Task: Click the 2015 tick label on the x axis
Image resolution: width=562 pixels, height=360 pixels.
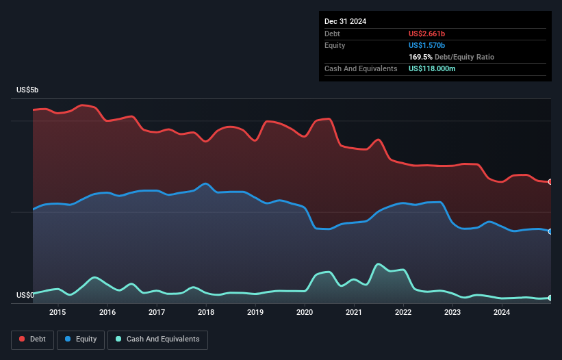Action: click(x=58, y=313)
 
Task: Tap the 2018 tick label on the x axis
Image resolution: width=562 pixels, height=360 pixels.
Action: click(x=206, y=313)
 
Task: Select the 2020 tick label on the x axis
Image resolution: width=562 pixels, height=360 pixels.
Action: click(x=305, y=313)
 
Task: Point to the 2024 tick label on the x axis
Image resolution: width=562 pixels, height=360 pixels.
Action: click(x=502, y=313)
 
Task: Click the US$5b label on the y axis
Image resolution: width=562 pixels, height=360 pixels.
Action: click(x=29, y=90)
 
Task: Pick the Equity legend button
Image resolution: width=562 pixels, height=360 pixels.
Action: click(x=81, y=339)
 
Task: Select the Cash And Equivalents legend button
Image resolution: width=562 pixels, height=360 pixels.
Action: click(x=157, y=339)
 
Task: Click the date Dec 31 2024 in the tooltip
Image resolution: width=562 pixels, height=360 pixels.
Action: click(x=345, y=21)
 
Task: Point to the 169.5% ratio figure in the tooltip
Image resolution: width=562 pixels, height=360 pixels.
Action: click(x=420, y=57)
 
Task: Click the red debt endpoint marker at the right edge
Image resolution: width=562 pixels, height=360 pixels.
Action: click(x=550, y=181)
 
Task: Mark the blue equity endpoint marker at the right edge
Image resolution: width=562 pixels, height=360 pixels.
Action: click(x=550, y=231)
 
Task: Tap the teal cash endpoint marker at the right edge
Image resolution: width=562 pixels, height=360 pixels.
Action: click(x=550, y=298)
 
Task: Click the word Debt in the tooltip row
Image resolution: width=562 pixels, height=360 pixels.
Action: click(x=332, y=34)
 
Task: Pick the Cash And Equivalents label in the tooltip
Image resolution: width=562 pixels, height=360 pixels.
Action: click(x=361, y=69)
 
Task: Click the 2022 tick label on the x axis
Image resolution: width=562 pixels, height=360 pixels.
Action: click(x=403, y=313)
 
